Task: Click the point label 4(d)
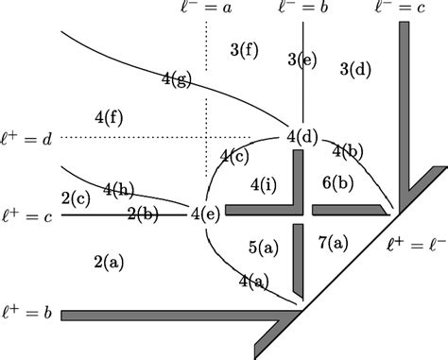[302, 138]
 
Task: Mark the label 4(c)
[234, 155]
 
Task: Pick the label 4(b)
[348, 151]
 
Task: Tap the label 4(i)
[264, 183]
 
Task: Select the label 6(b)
[337, 183]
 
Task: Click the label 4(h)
[117, 188]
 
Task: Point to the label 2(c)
[76, 197]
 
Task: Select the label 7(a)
[334, 242]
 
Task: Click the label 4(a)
[253, 281]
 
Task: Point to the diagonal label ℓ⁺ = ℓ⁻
[417, 245]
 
